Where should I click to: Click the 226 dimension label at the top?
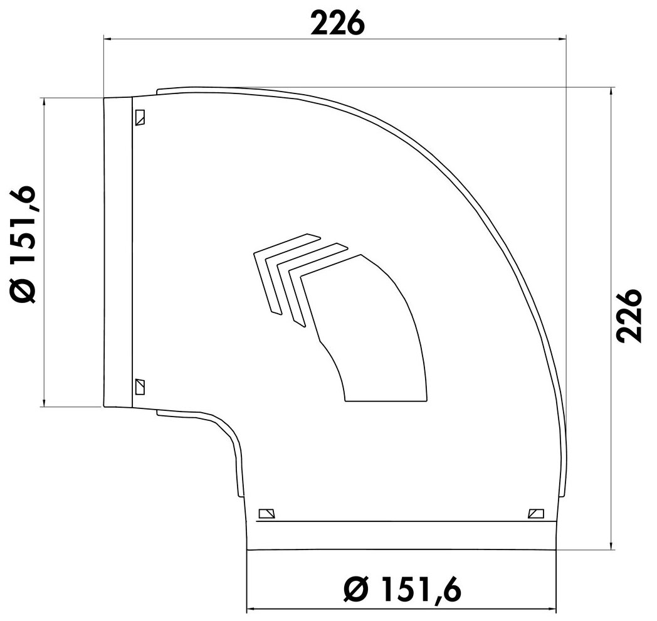click(338, 23)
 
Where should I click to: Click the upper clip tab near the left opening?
click(140, 118)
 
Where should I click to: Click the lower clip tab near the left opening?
click(140, 386)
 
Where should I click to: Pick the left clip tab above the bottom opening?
click(267, 513)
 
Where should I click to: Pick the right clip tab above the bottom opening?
click(536, 513)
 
